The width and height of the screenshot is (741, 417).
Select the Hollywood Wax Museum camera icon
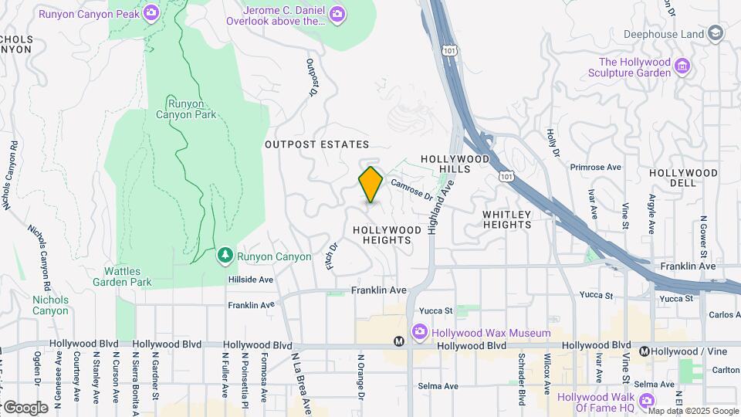click(419, 332)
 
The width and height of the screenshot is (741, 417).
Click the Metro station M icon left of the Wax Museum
click(399, 341)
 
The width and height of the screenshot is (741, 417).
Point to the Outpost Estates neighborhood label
click(316, 144)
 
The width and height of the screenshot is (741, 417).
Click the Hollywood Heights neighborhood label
click(387, 235)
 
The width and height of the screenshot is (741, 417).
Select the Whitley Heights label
click(507, 219)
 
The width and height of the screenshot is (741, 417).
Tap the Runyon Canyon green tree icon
click(225, 254)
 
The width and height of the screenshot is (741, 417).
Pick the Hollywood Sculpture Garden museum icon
click(682, 66)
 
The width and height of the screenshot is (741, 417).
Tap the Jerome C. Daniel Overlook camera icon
click(337, 13)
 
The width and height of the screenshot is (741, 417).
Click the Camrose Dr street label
click(411, 189)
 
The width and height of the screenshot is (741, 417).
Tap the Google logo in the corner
click(25, 407)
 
